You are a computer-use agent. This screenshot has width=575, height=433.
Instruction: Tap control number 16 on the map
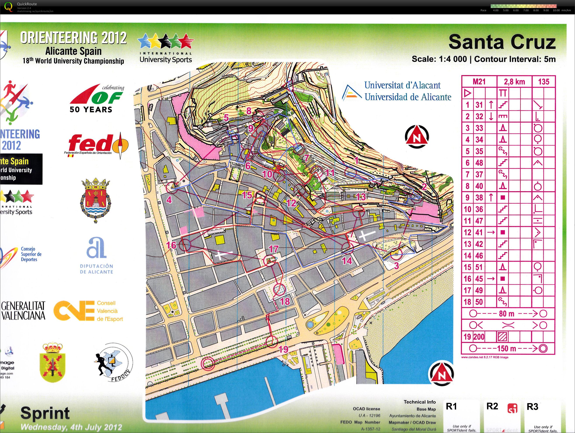coord(171,245)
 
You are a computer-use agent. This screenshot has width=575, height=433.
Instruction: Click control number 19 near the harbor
coord(284,349)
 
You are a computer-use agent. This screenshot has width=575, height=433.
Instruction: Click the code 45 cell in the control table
coord(479,279)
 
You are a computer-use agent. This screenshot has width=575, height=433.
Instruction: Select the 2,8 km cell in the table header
coord(514,82)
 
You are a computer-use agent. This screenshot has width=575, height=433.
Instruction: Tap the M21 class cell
coord(479,82)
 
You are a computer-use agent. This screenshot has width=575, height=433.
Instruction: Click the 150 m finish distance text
coord(506,349)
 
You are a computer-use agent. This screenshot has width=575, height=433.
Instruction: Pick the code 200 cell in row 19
coord(479,337)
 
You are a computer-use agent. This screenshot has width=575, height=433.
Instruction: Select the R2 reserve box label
coord(492,406)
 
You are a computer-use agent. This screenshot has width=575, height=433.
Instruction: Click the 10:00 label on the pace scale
coord(556,10)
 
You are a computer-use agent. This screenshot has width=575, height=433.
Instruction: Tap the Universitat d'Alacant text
coord(402,85)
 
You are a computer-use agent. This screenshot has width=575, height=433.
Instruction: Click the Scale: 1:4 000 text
coord(439,59)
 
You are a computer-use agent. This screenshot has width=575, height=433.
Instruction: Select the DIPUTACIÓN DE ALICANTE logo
coord(96,256)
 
